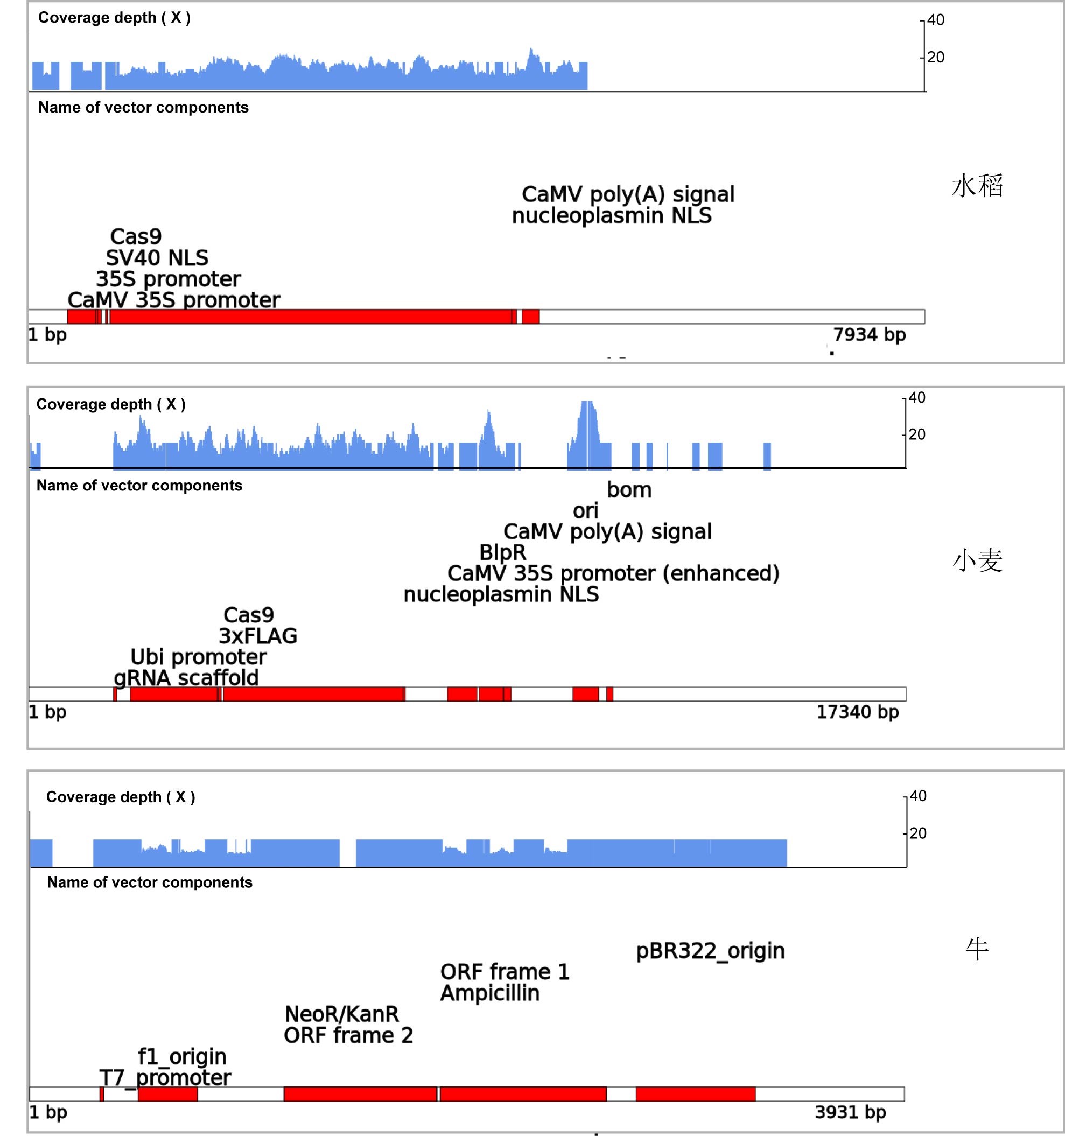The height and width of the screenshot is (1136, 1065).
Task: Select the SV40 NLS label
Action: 157,258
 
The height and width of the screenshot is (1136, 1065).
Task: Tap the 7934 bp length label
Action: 869,335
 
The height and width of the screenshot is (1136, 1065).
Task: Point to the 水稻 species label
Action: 977,186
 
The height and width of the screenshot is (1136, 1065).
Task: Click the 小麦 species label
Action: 977,560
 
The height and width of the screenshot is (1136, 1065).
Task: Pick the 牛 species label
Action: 977,949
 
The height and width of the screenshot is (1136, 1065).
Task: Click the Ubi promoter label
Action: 198,657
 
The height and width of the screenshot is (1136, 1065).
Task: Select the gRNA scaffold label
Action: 186,678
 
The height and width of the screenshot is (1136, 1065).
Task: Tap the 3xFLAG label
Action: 258,636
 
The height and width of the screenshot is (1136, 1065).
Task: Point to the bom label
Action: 629,490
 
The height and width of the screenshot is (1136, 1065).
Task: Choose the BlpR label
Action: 503,552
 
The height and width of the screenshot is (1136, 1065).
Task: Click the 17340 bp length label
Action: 857,712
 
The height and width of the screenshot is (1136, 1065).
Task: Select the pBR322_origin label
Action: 710,951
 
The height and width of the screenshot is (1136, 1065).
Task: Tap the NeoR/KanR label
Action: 342,1014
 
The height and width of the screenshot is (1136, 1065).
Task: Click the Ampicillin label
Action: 489,993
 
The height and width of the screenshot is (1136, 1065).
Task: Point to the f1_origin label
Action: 183,1056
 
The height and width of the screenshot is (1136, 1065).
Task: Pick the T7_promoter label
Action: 165,1078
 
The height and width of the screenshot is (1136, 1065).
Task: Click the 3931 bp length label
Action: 850,1112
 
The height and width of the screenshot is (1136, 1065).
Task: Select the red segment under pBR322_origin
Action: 695,1093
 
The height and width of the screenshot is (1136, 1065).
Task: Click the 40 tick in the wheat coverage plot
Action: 917,398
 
